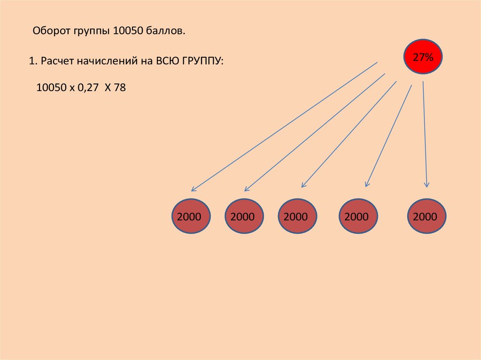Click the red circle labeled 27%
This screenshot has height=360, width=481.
423,57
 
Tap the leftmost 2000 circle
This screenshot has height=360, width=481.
191,216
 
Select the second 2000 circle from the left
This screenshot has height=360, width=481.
244,216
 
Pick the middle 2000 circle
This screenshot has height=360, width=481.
297,216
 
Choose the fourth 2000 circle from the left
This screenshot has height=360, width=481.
358,216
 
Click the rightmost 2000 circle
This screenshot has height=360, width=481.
427,216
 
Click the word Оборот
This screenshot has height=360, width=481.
52,31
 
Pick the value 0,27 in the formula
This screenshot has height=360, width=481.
88,88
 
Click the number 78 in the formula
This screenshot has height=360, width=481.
120,88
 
